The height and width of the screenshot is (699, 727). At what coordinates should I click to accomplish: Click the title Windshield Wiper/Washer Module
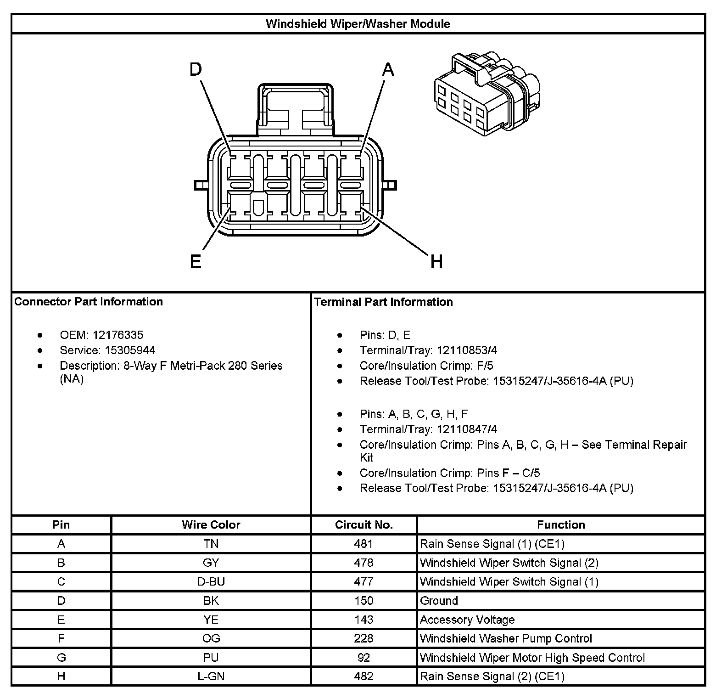358,24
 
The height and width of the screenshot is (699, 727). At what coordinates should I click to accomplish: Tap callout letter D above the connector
196,70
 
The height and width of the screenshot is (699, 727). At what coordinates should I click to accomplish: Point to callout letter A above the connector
388,70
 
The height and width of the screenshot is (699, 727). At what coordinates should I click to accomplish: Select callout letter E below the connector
196,262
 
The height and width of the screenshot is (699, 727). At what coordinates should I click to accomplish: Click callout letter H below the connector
436,262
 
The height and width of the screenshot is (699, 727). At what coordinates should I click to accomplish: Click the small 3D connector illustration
487,94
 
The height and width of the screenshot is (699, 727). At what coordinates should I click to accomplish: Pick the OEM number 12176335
118,335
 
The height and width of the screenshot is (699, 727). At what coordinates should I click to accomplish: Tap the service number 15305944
130,350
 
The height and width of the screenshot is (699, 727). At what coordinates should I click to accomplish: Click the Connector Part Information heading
89,302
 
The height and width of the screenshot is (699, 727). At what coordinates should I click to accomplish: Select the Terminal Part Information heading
383,302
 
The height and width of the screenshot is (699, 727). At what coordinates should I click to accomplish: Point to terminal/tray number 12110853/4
467,350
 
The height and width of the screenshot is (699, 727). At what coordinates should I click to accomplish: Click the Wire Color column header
211,524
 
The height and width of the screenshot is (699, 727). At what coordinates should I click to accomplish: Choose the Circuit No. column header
363,524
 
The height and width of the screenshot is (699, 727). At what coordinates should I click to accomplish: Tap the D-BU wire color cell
211,582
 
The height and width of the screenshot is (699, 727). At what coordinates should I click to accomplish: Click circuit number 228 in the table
363,638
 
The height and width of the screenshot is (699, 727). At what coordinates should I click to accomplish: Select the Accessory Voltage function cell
467,620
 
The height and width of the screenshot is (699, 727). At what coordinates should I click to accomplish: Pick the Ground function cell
439,601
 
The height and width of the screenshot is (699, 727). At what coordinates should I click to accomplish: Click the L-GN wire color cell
211,676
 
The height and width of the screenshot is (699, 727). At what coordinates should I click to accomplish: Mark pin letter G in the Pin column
61,657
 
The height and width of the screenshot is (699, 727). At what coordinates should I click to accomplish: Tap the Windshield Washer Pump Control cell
506,638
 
